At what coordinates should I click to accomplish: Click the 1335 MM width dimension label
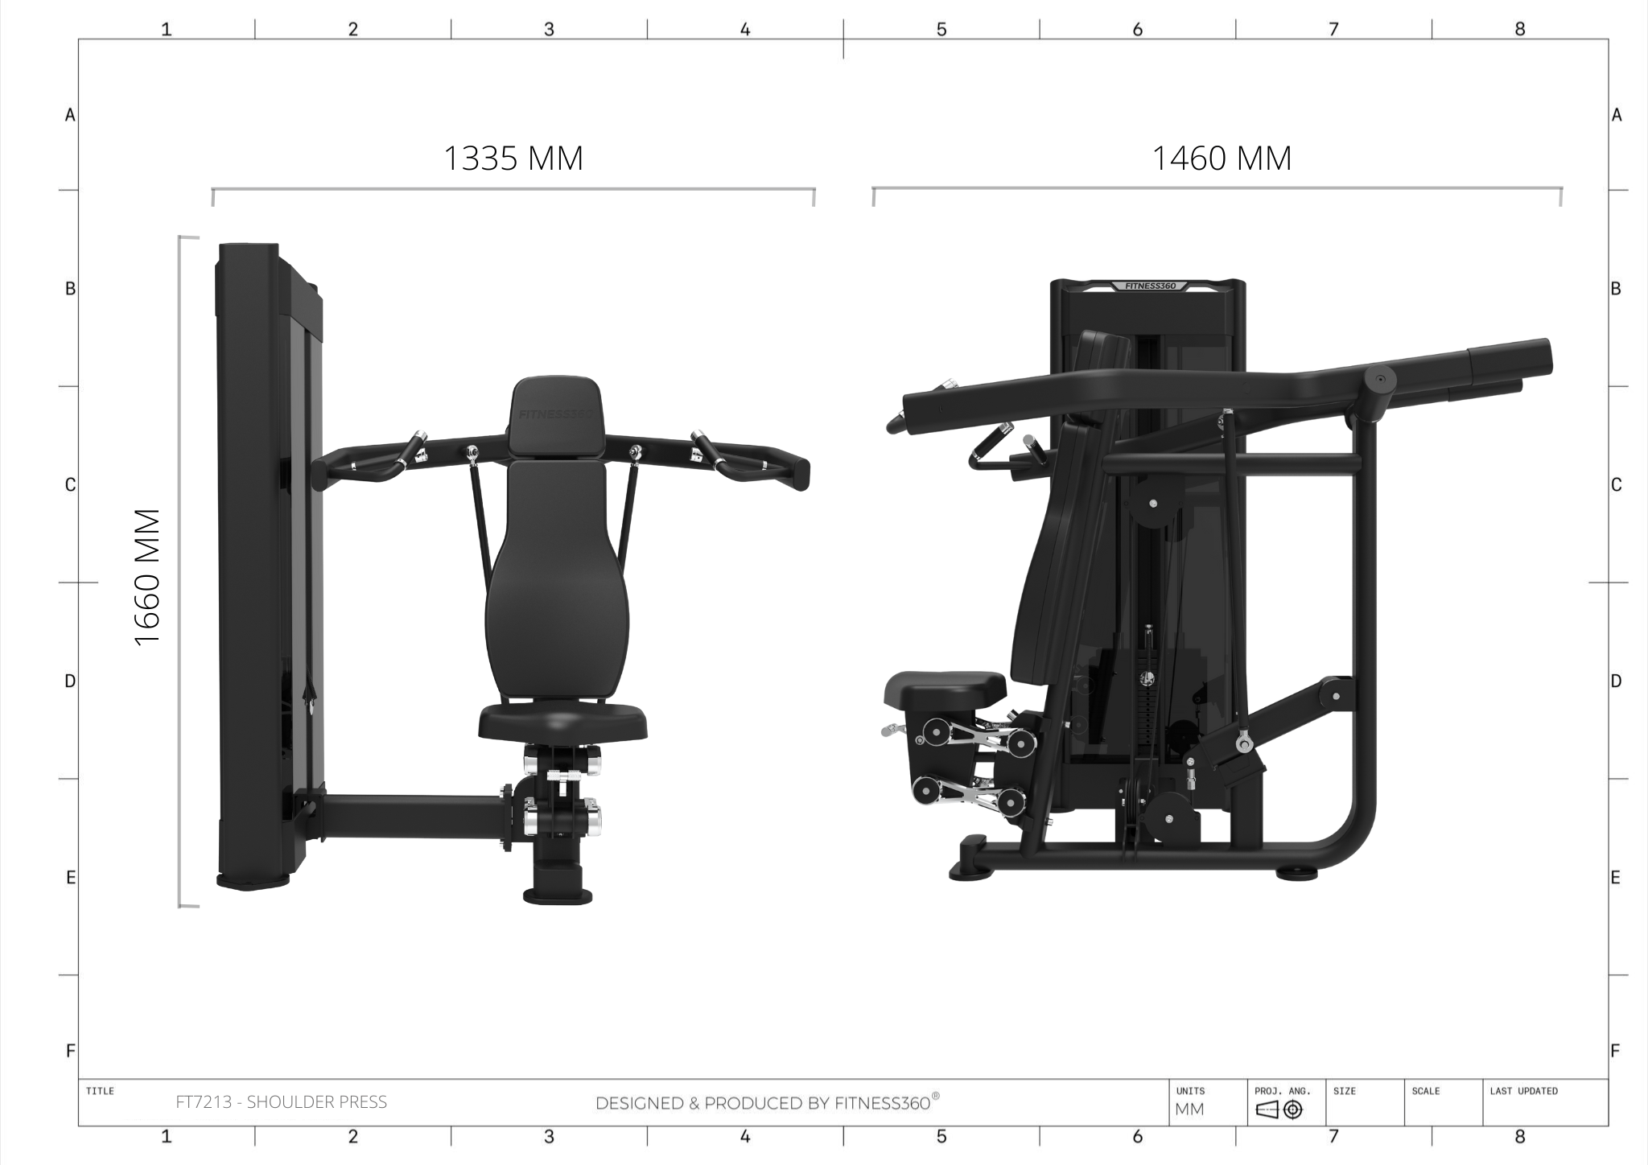coord(513,158)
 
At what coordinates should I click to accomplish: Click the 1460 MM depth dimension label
coord(1222,158)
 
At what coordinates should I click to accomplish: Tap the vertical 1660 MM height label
coord(148,577)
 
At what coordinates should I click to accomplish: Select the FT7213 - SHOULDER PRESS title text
coord(282,1102)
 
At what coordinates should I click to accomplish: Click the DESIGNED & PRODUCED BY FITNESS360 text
coord(767,1102)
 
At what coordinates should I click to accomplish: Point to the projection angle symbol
coord(1279,1110)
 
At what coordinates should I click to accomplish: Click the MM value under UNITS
coord(1189,1110)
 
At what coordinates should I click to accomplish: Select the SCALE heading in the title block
coord(1425,1091)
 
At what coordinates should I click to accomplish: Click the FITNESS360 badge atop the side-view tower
coord(1150,286)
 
